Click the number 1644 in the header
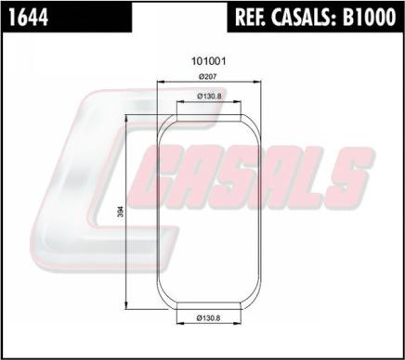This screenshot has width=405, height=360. (x=29, y=17)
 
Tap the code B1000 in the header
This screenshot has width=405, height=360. (x=369, y=17)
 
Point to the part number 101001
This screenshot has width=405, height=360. (x=209, y=61)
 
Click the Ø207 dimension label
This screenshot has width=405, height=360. (x=208, y=76)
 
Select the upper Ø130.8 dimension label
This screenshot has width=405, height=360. (x=209, y=96)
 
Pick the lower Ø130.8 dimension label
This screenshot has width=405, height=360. (x=208, y=317)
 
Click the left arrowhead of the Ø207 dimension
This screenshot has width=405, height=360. (x=161, y=82)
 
